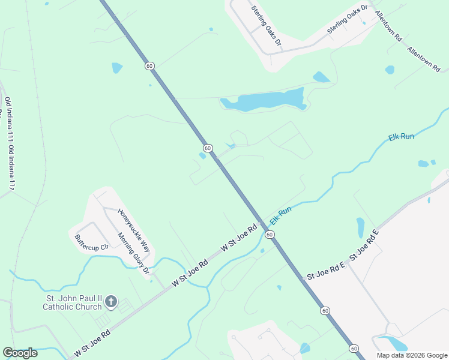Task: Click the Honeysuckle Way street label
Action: (x=133, y=230)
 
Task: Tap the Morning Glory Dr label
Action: (x=133, y=254)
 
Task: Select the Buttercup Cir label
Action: (x=91, y=242)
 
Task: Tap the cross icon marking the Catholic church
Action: (x=111, y=302)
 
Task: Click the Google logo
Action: (x=20, y=353)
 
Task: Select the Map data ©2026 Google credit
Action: (x=411, y=355)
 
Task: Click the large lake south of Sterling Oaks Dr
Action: (x=264, y=101)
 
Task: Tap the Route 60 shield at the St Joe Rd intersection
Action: (x=270, y=233)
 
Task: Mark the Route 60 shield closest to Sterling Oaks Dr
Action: (x=149, y=65)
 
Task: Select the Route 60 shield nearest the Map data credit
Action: (x=354, y=349)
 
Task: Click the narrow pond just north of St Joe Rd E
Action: (x=360, y=227)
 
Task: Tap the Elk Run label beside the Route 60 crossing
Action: (x=280, y=215)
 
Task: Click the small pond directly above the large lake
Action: (x=321, y=77)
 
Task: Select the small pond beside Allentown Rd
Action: (x=390, y=70)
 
